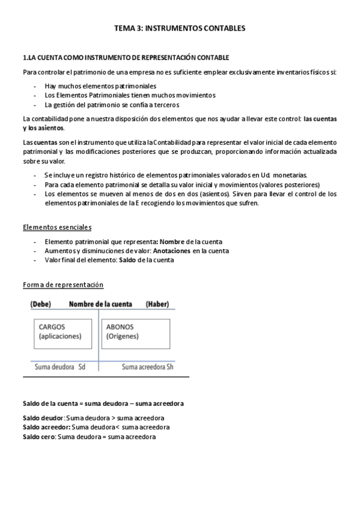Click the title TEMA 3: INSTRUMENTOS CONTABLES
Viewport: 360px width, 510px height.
[180, 28]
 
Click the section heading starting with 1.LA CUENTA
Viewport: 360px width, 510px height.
[126, 58]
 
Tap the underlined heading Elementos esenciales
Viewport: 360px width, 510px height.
[57, 227]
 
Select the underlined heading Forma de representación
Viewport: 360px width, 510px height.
[63, 284]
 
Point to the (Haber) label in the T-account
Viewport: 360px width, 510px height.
[157, 304]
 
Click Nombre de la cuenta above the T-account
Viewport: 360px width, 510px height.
[100, 304]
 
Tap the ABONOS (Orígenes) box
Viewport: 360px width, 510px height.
[133, 332]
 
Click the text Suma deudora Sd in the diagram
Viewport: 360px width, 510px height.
[60, 366]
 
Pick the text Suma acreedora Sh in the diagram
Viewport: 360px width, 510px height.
[147, 366]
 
